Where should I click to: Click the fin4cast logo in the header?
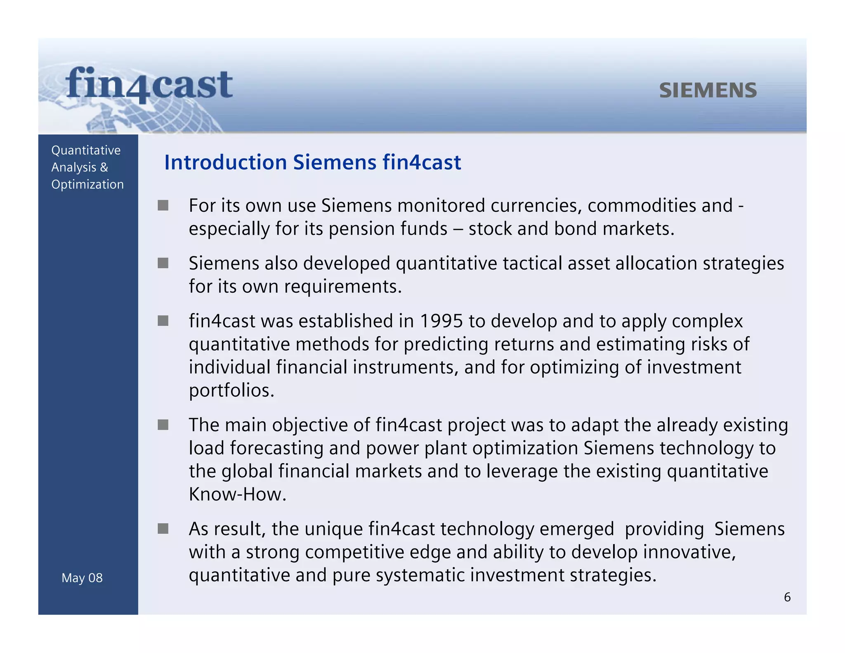(149, 85)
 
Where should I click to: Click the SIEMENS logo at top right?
(708, 90)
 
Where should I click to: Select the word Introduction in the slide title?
(225, 162)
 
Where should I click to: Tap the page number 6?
(787, 597)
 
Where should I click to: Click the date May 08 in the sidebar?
(82, 578)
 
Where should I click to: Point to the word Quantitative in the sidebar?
(86, 150)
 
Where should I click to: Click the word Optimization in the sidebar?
(87, 185)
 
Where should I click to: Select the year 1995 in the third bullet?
(441, 321)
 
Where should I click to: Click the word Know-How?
(237, 494)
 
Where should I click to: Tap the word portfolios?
(231, 390)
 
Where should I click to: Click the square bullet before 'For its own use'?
(163, 205)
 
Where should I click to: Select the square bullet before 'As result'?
(163, 529)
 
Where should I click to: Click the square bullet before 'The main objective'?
(163, 425)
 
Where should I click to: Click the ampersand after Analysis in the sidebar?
(104, 168)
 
